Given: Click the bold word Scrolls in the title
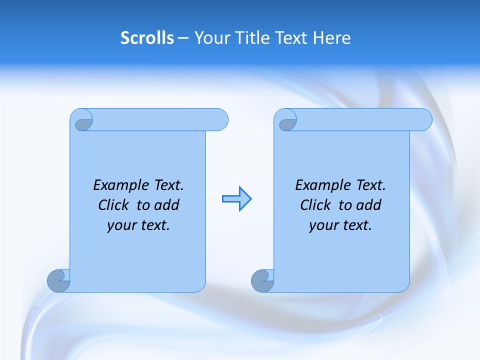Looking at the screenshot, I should point(147,38).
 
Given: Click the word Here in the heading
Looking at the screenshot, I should point(331,38).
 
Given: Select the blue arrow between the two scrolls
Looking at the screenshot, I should point(237,199).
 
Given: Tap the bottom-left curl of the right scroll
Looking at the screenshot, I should point(262,281).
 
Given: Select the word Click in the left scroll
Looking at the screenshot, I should point(115,205).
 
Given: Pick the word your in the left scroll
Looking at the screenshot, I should point(120,226).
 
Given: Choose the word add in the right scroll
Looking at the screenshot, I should point(369,205).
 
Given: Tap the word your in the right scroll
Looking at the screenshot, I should point(322,226).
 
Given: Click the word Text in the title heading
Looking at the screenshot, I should point(290,38).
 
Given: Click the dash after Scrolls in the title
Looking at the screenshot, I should point(183,38).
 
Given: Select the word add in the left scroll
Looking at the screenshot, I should point(167,205).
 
